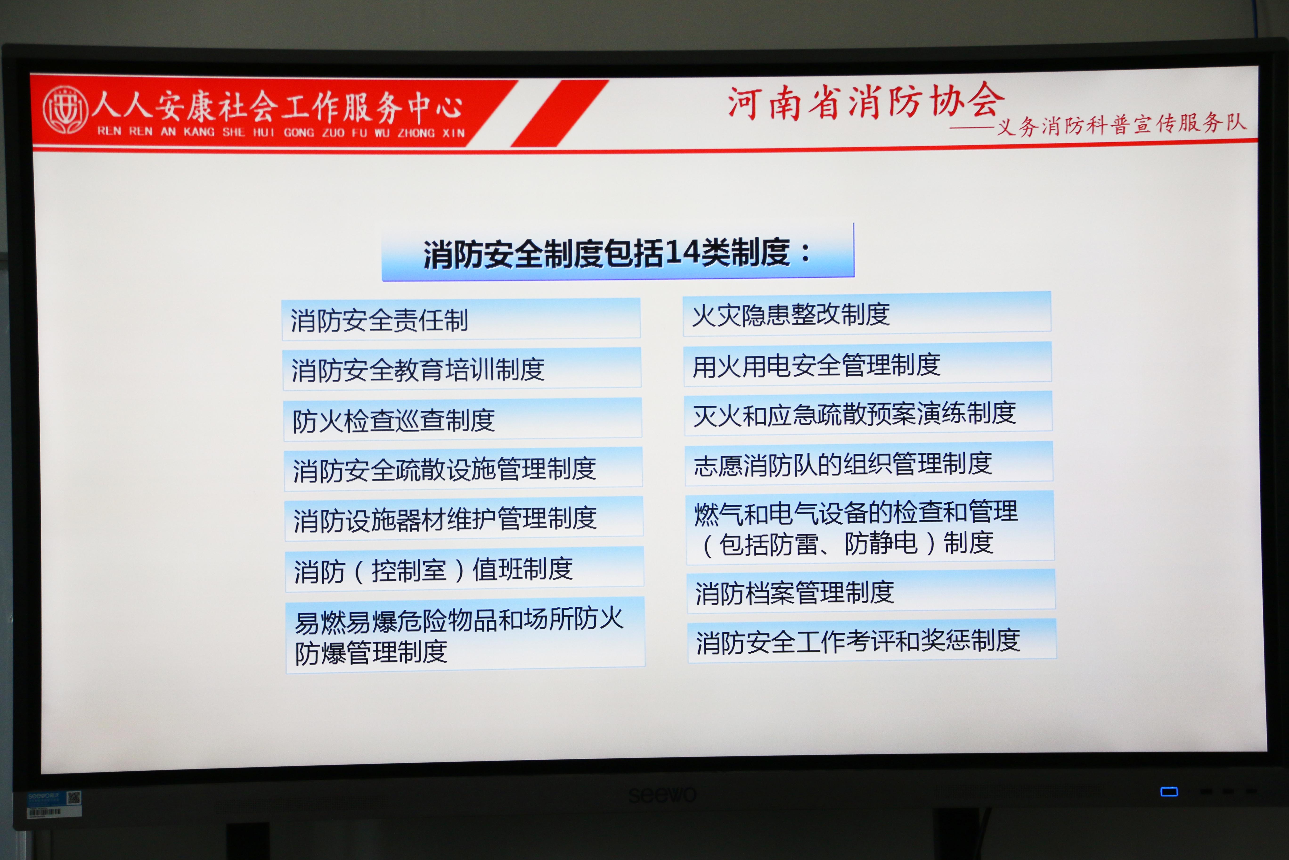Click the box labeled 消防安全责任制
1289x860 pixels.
pyautogui.click(x=461, y=319)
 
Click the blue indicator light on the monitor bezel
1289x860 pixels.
pyautogui.click(x=1169, y=791)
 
